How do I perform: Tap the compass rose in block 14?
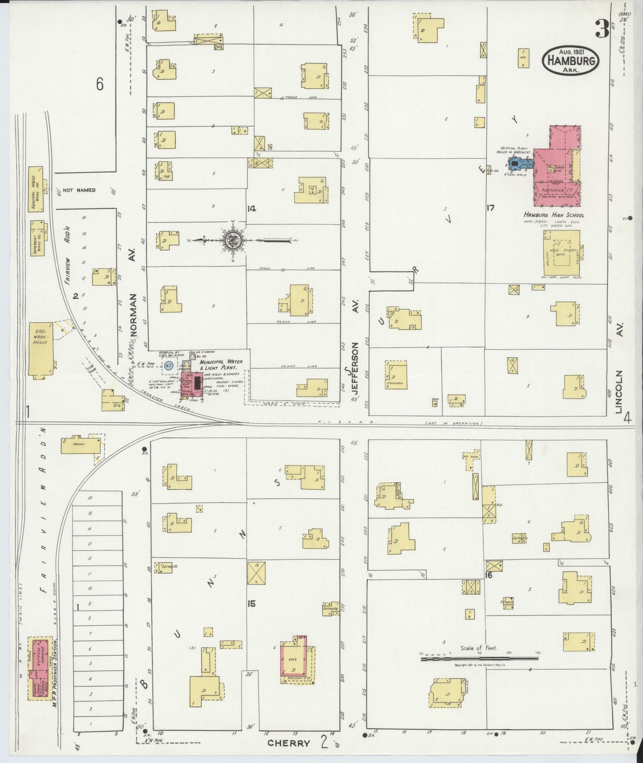[235, 240]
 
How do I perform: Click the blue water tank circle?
[168, 366]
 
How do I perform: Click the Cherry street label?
[288, 743]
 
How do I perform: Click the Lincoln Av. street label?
[620, 392]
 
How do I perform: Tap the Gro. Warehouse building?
[40, 348]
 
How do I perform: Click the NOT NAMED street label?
[79, 190]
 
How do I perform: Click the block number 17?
[490, 207]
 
